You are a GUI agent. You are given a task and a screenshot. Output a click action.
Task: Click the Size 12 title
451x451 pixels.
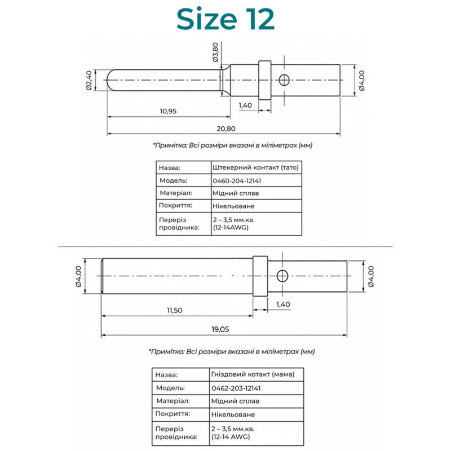tap(225, 19)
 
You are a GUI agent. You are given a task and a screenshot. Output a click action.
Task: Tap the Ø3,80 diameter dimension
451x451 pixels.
tap(215, 52)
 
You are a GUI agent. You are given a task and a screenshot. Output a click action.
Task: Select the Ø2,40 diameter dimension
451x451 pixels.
tap(89, 80)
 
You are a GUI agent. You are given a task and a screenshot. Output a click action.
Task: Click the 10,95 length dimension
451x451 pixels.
tap(168, 111)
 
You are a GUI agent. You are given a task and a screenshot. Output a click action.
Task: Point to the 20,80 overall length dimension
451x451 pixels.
tap(226, 129)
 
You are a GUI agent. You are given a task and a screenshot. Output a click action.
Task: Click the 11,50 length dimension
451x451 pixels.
tap(175, 311)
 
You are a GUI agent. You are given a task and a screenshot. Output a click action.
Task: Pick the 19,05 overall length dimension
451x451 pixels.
tap(220, 329)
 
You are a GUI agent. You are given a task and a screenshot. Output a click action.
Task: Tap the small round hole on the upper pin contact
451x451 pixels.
tap(284, 80)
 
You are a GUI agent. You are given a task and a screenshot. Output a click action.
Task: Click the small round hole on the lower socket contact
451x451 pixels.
tap(282, 276)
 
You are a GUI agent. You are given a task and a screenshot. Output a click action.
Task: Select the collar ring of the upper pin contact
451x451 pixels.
tap(264, 80)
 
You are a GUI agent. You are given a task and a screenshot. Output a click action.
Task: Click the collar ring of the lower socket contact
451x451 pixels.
tap(260, 276)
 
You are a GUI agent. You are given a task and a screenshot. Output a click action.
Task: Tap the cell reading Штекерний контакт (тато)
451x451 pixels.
tap(256, 167)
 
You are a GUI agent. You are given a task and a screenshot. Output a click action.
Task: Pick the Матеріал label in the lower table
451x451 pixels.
tap(173, 401)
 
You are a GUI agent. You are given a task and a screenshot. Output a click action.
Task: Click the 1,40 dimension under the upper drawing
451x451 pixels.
tap(245, 105)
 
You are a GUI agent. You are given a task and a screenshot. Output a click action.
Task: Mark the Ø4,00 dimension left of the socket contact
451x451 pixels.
tap(78, 276)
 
